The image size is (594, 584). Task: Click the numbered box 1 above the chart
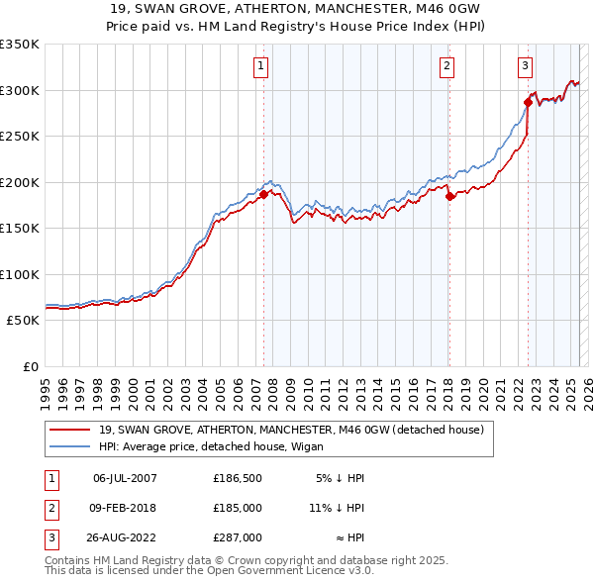click(260, 66)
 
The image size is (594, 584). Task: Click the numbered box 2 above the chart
click(447, 66)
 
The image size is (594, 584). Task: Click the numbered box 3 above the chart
click(525, 66)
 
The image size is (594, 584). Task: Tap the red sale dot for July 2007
click(264, 195)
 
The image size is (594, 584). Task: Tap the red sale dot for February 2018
click(449, 196)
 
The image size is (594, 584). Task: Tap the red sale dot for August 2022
click(528, 102)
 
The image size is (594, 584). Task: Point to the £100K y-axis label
click(20, 274)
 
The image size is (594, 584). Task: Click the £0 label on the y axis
click(29, 366)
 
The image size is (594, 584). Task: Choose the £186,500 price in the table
click(238, 478)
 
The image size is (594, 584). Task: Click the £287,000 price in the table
click(238, 537)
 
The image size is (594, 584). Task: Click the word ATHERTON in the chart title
click(213, 8)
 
